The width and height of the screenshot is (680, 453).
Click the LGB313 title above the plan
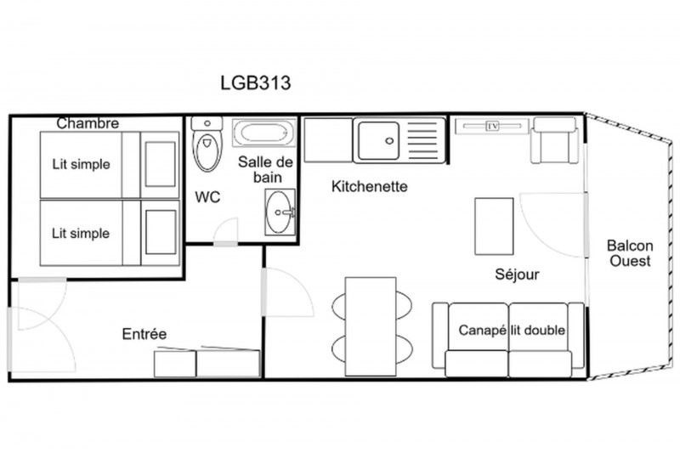[256, 82]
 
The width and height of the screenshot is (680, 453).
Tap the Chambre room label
[88, 123]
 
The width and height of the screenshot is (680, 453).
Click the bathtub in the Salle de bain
[263, 133]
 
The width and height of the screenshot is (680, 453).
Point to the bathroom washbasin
[280, 212]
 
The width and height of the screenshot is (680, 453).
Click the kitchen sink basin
[378, 140]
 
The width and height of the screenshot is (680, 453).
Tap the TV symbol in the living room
[493, 126]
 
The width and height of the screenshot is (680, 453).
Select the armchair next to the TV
[555, 140]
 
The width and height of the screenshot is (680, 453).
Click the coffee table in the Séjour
[494, 226]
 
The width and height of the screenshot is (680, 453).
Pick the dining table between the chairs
[371, 326]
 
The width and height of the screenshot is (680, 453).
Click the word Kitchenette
[370, 186]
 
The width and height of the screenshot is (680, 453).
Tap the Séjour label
[517, 275]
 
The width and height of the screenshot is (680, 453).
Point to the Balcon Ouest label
[630, 253]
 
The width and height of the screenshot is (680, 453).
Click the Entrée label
[144, 334]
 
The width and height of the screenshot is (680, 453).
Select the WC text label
[207, 197]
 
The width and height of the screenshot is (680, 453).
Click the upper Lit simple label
[81, 164]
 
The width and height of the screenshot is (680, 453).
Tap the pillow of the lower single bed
[161, 232]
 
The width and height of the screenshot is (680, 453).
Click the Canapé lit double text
[512, 331]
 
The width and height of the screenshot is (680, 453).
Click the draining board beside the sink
[422, 140]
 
